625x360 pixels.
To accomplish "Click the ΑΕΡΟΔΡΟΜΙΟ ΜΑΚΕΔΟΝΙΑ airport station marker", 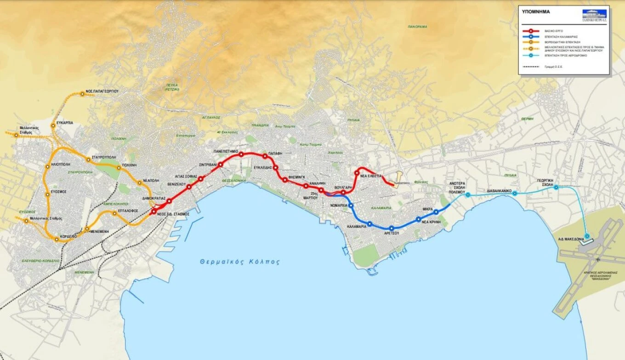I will point(587,236).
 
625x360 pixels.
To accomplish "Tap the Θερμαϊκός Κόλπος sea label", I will point(239,262).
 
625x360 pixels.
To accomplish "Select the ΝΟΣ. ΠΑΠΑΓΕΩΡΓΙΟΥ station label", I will point(102,91).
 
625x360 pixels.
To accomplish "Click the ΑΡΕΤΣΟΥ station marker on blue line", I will point(392,228).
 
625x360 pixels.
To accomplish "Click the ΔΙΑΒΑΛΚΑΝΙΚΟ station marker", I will point(515,194).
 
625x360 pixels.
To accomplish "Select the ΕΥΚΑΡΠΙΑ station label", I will point(64,123).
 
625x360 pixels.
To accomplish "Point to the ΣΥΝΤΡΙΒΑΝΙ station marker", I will point(221,165).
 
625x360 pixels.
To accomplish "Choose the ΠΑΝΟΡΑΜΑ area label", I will point(417,27).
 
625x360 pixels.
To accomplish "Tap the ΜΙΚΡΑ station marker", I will point(436,212).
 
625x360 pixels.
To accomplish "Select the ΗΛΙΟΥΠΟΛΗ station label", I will point(61,163).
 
